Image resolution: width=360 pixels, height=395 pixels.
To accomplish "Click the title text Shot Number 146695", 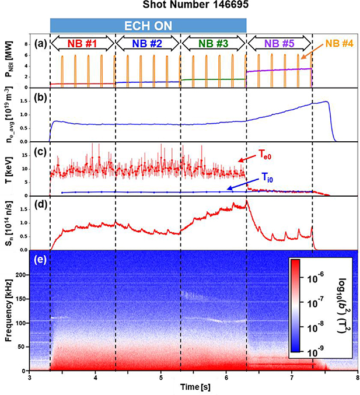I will [180, 6].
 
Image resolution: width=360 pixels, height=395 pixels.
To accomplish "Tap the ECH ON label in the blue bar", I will [148, 25].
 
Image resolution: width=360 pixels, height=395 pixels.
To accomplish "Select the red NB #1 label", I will [82, 42].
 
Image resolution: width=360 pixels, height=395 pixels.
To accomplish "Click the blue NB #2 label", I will [148, 42].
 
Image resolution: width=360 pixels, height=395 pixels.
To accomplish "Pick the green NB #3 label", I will [214, 42].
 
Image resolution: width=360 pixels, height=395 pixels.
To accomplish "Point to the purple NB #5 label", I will [279, 42].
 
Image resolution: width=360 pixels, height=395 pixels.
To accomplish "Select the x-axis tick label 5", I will [161, 378].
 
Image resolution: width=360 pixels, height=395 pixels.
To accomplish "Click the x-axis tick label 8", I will [357, 378].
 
